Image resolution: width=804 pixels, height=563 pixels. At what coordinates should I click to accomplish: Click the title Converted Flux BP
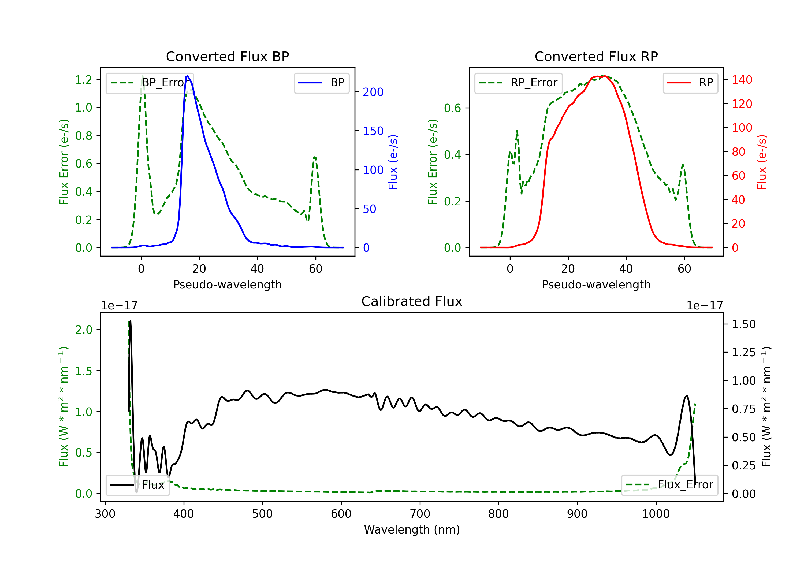click(x=228, y=56)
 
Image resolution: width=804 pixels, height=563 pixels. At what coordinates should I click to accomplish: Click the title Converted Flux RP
click(x=596, y=56)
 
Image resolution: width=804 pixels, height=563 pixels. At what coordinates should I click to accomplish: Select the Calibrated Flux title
click(x=412, y=301)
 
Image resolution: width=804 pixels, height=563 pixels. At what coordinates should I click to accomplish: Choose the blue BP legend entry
click(x=321, y=83)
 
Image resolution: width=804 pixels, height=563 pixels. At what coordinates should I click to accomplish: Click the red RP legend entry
click(x=690, y=83)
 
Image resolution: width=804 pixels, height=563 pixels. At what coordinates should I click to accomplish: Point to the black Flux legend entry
click(x=137, y=485)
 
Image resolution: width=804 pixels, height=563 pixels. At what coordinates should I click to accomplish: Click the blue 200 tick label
click(x=373, y=92)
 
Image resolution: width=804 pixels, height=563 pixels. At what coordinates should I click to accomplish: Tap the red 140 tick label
click(x=742, y=80)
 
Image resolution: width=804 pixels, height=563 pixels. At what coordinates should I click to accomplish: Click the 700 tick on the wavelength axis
click(x=420, y=514)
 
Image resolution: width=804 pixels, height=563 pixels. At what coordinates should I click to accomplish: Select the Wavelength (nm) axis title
click(x=412, y=529)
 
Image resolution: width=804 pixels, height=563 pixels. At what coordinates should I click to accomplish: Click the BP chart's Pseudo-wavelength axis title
click(x=228, y=284)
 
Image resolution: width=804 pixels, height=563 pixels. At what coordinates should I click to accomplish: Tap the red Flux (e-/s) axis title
click(x=762, y=162)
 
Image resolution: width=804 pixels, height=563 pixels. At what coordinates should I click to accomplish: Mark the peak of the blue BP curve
click(x=187, y=76)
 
